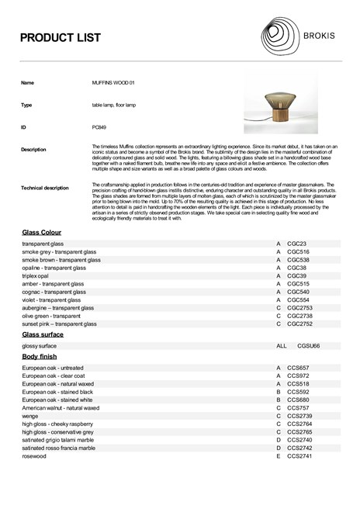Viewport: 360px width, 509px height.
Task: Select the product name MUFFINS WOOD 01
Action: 113,82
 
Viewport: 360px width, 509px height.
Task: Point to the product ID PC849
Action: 99,126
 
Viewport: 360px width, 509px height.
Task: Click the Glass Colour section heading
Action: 42,232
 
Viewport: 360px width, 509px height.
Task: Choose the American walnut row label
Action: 61,407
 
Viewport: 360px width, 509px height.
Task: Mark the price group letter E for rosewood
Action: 278,456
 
